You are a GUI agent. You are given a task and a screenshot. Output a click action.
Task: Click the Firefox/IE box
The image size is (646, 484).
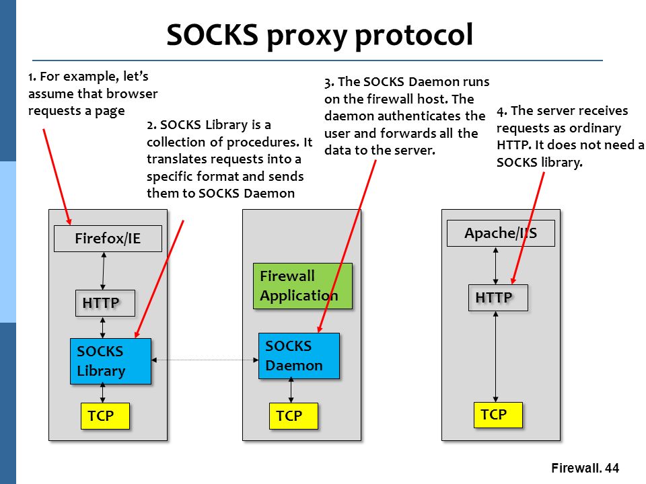[x=108, y=238]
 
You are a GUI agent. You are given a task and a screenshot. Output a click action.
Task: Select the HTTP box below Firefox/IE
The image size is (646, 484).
[x=105, y=303]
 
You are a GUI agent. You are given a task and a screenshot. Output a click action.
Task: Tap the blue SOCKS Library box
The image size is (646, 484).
[x=110, y=361]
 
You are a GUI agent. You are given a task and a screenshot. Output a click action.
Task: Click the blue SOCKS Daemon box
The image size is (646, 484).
[x=299, y=356]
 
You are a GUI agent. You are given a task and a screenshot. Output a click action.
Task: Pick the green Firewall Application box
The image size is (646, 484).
[x=303, y=286]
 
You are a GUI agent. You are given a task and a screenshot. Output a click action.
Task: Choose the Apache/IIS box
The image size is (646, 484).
[x=501, y=233]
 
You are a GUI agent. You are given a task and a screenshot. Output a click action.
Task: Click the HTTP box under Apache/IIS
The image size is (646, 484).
[x=498, y=298]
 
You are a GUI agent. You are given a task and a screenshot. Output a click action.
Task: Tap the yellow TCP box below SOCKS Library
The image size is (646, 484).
[x=105, y=416]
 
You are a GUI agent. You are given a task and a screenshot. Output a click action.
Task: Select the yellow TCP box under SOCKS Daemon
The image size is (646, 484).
[x=294, y=416]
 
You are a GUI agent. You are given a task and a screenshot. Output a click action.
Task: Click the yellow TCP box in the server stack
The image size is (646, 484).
[x=498, y=415]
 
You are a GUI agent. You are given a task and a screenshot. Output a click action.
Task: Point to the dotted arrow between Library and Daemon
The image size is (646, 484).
[x=205, y=360]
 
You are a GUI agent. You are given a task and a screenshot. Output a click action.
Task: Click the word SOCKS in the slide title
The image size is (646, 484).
[x=212, y=34]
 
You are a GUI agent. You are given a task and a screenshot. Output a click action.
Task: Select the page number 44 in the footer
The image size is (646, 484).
[x=612, y=468]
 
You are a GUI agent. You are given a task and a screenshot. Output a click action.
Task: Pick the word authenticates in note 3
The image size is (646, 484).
[x=416, y=116]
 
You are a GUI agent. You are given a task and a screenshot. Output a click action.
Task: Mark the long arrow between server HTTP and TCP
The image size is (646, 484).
[x=496, y=356]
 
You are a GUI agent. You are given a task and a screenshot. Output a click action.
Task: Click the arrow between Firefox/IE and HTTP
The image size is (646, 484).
[x=104, y=271]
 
